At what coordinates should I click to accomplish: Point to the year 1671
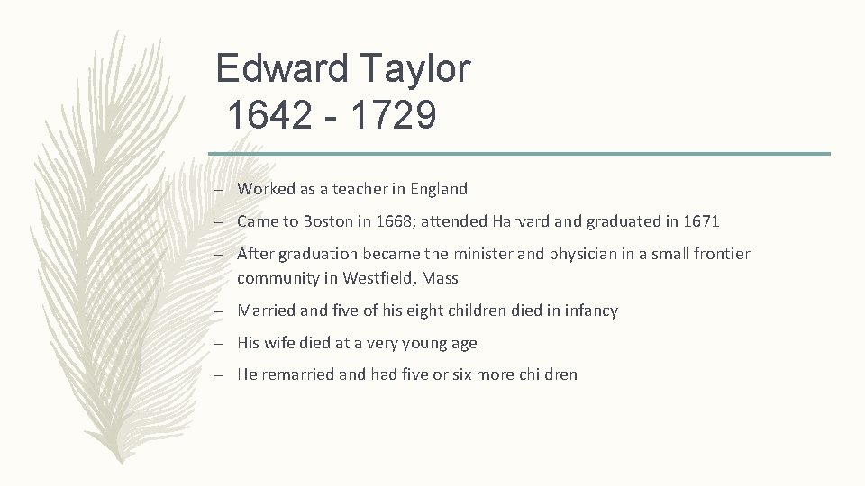pos(700,221)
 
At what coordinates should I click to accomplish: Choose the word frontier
pos(720,255)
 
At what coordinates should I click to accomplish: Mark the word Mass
pos(441,278)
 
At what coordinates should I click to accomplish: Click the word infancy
pos(590,311)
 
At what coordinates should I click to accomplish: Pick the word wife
pos(282,343)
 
